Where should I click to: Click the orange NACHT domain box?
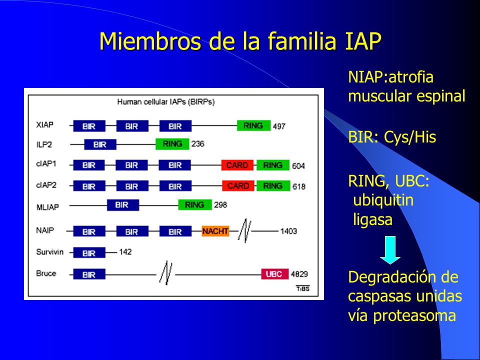pos(215,231)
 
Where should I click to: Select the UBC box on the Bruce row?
pos(274,273)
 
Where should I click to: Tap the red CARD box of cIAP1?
pos(237,165)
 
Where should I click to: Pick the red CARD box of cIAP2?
pos(238,186)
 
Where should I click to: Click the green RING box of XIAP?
pos(254,125)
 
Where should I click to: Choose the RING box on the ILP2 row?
pos(172,144)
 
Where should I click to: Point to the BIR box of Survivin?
pos(89,253)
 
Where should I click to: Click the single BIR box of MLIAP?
pos(123,205)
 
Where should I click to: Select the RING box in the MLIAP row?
pos(195,204)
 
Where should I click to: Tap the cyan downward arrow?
pos(390,250)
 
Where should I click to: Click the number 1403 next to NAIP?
pos(288,231)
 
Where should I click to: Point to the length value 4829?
pos(299,274)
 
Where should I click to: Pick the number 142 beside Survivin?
pos(125,252)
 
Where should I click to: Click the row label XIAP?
pos(44,125)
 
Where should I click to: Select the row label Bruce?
pos(46,273)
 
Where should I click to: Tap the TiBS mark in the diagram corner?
pos(303,288)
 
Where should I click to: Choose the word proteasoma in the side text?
pos(414,316)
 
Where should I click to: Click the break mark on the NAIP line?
pos(245,231)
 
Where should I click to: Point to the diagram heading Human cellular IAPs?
pos(151,101)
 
